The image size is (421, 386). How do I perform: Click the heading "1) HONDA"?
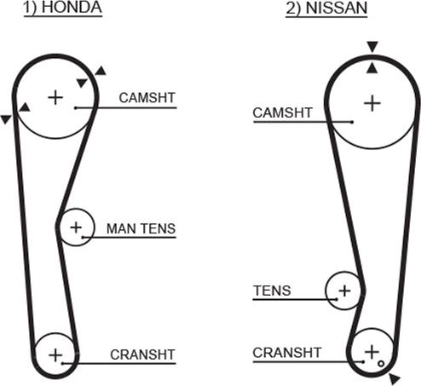[x=63, y=8]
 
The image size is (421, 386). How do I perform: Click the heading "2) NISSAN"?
[x=326, y=8]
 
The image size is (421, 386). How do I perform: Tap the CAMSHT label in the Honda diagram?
[x=147, y=98]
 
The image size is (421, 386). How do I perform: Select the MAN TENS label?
[x=141, y=228]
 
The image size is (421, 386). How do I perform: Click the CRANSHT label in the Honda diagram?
[x=142, y=354]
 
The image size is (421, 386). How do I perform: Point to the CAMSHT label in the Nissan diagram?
[x=283, y=112]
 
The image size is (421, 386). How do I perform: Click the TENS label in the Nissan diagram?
[x=272, y=291]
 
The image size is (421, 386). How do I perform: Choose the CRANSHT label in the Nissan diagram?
[x=287, y=353]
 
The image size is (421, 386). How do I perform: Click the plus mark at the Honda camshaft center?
[x=55, y=97]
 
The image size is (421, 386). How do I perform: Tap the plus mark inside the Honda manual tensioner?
[x=76, y=228]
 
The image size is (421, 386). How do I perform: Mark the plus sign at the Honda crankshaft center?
[x=55, y=355]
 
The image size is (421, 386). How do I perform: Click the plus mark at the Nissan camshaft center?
[x=372, y=103]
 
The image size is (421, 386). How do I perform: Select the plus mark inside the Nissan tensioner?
[x=344, y=291]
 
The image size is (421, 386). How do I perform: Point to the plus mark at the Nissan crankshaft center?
[x=372, y=352]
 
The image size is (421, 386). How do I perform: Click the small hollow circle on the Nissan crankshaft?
[x=381, y=364]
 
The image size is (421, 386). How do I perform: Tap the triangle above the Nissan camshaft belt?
[x=372, y=46]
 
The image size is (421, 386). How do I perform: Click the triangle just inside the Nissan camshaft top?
[x=372, y=69]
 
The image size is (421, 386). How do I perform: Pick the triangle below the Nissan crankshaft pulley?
[x=394, y=379]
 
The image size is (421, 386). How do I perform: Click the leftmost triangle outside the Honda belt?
[x=6, y=119]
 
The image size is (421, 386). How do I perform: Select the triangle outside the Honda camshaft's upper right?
[x=101, y=72]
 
